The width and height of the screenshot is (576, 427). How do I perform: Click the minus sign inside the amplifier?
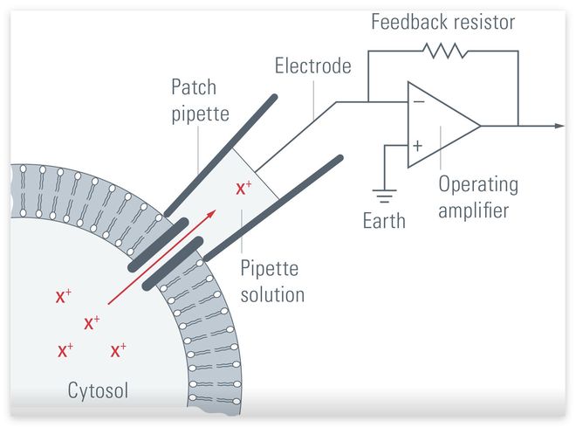[x=418, y=101]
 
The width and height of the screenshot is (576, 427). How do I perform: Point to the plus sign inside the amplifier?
[x=417, y=146]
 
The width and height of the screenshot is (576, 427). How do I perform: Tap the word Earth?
[x=384, y=220]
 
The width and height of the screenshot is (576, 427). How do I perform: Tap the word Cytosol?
[x=98, y=389]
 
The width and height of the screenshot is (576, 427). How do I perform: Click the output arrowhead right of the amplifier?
[x=559, y=125]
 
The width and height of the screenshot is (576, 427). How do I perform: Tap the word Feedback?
[x=403, y=20]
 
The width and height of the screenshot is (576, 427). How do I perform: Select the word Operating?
[x=477, y=184]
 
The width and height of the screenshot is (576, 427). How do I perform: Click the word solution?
[x=271, y=294]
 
